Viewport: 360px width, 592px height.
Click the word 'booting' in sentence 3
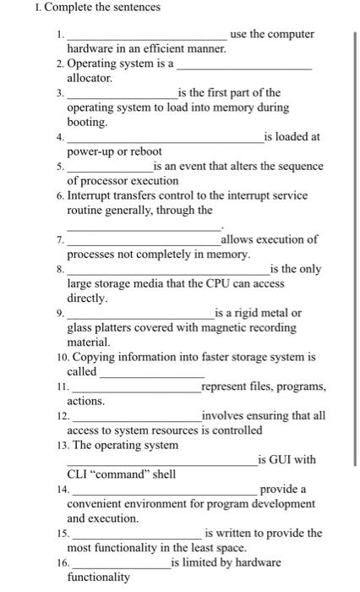88,122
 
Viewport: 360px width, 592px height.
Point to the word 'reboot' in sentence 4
144,151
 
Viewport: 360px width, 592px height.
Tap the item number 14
62,489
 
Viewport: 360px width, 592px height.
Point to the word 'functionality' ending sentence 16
98,577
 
